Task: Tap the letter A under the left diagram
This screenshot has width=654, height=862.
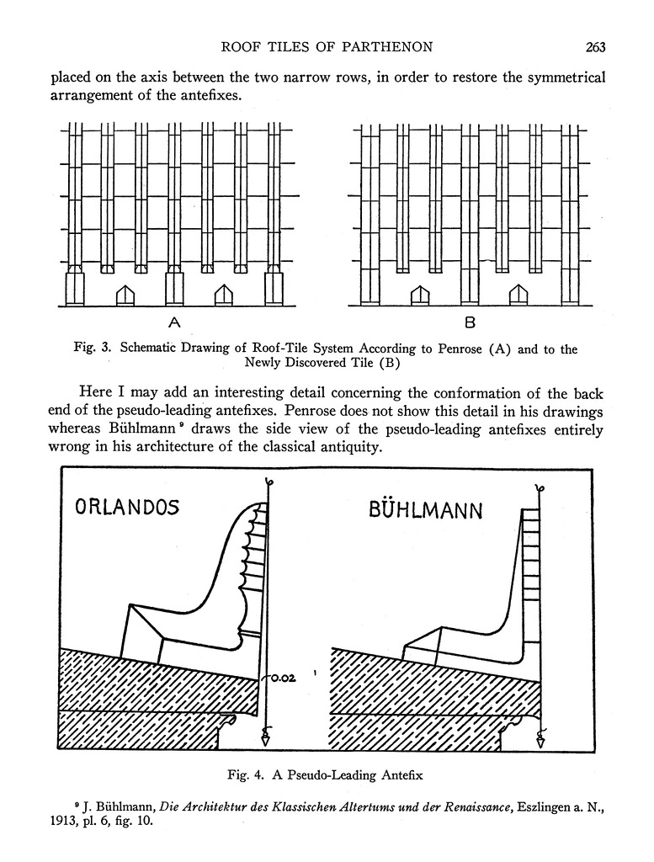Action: (175, 322)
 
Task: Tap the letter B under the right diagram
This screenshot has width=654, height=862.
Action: (470, 322)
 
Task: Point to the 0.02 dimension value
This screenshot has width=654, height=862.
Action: (283, 673)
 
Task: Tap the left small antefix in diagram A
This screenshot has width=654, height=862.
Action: (125, 295)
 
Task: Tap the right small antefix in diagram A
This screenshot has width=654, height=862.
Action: (223, 295)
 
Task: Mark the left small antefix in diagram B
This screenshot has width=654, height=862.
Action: (419, 295)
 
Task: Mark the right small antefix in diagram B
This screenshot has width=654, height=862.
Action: (518, 295)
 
